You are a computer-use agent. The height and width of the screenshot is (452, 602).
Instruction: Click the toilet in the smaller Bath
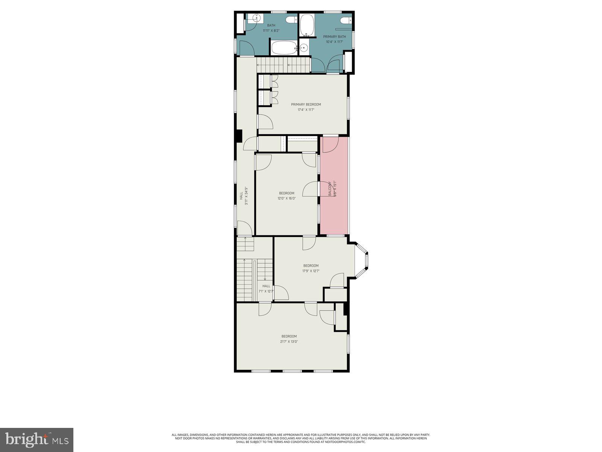click(x=290, y=20)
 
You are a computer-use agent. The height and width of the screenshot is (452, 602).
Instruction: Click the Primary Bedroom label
click(x=306, y=104)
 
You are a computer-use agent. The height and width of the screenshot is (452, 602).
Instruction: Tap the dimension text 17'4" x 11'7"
click(x=306, y=110)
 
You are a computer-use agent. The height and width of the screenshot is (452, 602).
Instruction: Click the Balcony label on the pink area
click(x=330, y=188)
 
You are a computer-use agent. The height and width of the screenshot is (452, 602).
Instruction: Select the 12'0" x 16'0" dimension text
click(x=287, y=198)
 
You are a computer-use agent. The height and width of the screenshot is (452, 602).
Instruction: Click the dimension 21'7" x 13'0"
click(x=289, y=342)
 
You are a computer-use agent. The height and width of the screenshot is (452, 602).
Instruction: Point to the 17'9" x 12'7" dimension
click(x=311, y=271)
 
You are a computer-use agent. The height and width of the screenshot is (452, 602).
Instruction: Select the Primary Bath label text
click(x=334, y=37)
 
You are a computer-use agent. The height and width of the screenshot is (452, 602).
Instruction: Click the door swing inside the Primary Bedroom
click(x=265, y=122)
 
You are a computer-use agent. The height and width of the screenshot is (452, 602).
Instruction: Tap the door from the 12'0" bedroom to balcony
click(x=311, y=189)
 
